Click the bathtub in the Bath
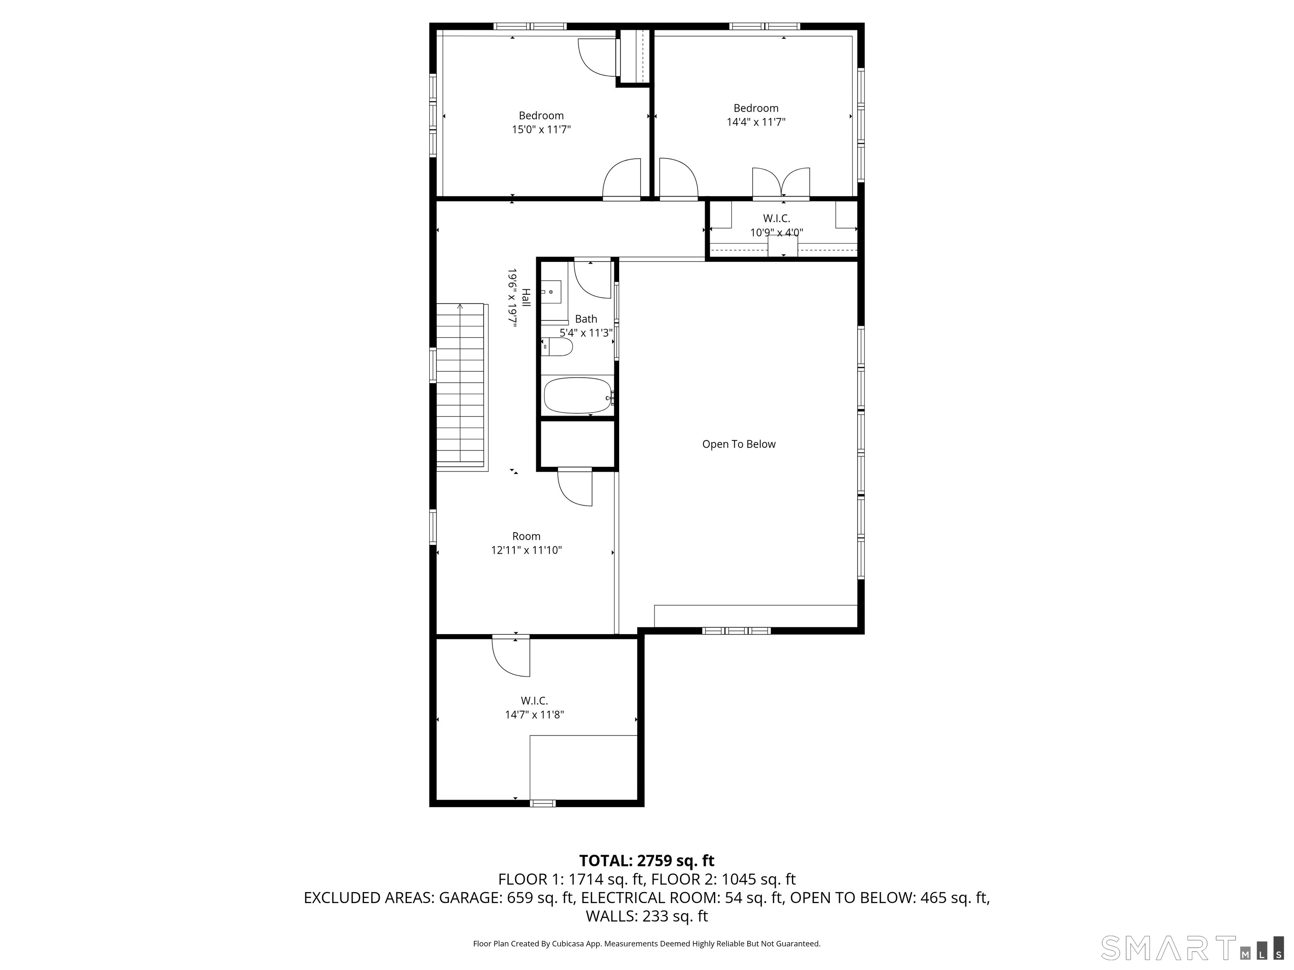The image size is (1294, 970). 577,396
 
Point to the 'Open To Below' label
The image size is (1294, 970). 738,444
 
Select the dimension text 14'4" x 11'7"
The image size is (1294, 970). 755,122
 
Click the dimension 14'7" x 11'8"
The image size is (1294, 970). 534,714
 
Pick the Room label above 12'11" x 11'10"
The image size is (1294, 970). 526,536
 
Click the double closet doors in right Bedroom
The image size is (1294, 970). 781,183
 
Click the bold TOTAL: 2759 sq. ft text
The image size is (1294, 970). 647,861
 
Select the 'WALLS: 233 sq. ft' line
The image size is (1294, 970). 647,916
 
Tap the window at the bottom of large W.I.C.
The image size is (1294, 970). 542,803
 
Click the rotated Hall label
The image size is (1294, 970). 526,298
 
